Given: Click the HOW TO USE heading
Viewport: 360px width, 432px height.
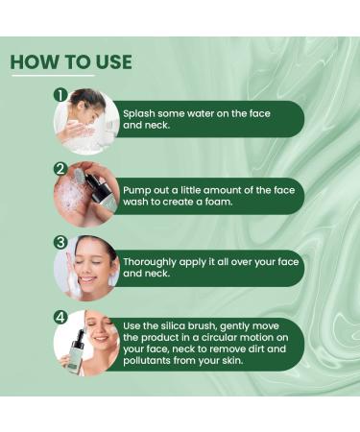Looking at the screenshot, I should tap(71, 62).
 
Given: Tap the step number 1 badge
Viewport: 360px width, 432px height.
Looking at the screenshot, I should tap(60, 96).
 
